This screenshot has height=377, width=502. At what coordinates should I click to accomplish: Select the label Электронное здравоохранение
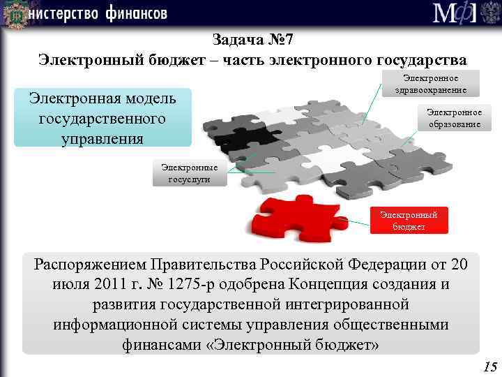pos(430,83)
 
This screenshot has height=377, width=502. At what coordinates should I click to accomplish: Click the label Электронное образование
pos(454,118)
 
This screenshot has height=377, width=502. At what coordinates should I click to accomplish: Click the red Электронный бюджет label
pos(409,221)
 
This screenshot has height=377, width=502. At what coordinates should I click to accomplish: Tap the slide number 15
pos(489,367)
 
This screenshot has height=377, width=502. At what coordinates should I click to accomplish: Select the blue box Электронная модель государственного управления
pos(102,117)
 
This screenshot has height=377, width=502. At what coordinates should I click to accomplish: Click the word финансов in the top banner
pos(137,13)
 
